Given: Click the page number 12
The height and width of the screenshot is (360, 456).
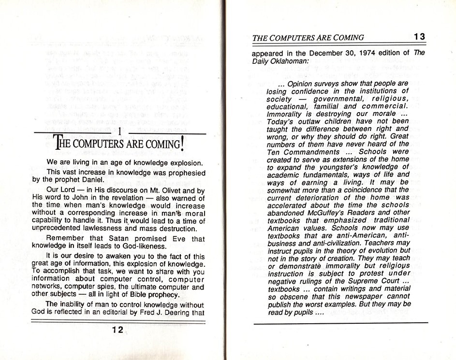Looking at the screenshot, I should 117,330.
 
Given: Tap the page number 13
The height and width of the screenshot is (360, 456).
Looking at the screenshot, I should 419,37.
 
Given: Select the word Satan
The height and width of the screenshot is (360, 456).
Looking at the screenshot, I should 108,239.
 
